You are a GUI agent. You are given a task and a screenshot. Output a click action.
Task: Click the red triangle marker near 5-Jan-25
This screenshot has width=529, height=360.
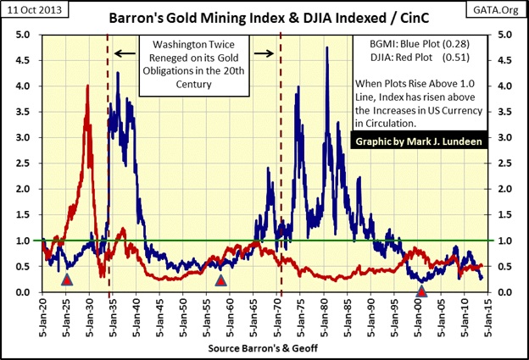pos(68,280)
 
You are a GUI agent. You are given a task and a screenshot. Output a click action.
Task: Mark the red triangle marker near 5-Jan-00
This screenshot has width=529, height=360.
pos(422,291)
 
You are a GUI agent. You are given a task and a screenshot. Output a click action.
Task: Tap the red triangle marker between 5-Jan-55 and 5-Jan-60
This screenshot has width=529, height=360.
pos(221,280)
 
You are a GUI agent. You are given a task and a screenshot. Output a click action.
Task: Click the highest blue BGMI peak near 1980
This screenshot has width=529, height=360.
pos(326,47)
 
